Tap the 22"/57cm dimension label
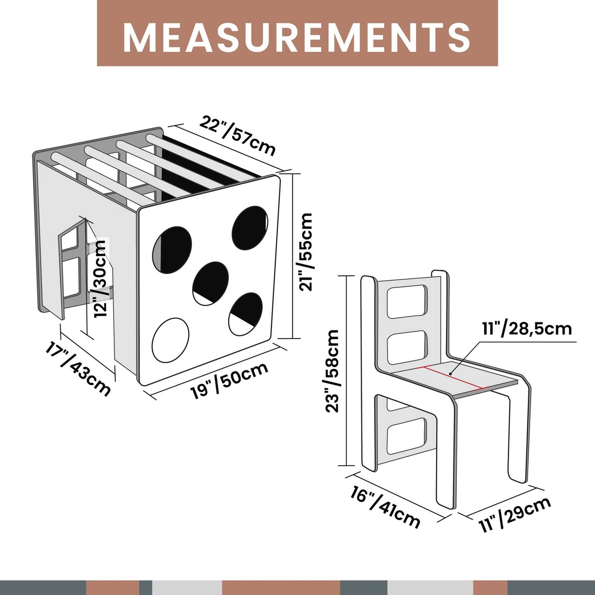pos(237,136)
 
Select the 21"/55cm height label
pos(306,252)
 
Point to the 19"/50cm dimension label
pos(229,381)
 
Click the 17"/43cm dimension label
pos(78,369)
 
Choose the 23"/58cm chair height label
pos(332,371)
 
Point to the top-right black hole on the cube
pos(250,228)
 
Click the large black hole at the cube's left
pos(172,249)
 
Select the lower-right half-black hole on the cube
pos(246,314)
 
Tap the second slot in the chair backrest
pos(407,348)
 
